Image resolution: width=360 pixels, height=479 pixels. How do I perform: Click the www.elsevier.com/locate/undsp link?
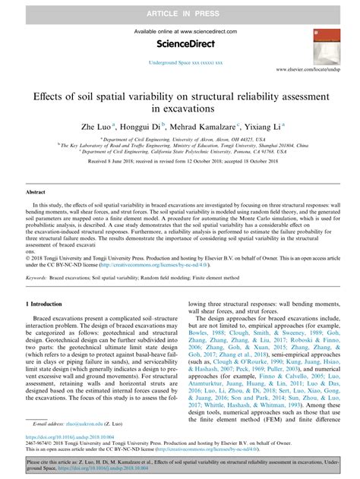(x=314, y=69)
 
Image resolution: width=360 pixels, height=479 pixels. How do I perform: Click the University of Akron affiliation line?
(x=179, y=140)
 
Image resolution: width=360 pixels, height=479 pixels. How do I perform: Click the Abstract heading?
(x=36, y=193)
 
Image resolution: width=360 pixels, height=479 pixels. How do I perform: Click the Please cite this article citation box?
(x=180, y=463)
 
